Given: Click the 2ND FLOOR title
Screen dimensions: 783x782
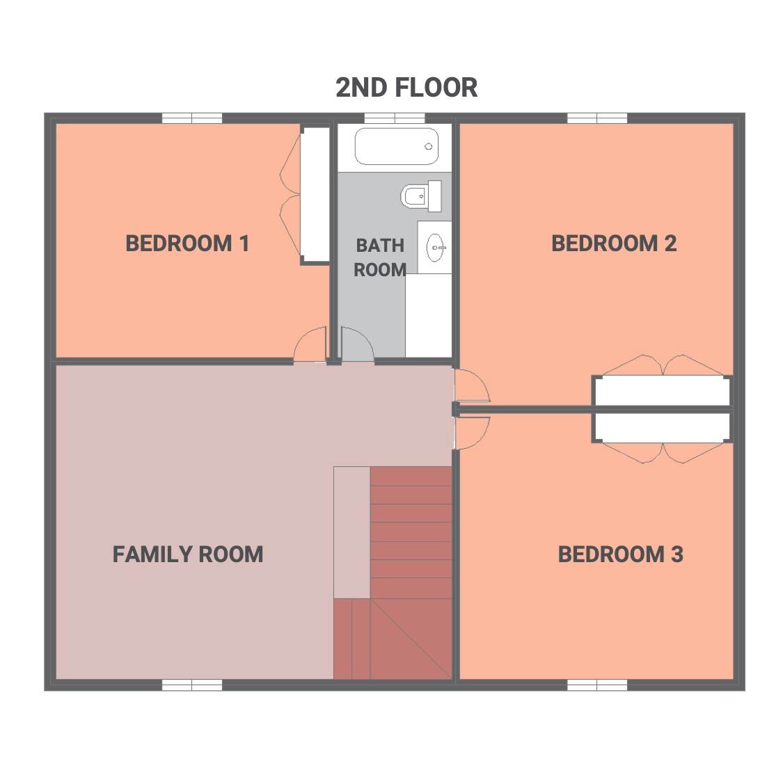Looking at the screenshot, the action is tap(406, 88).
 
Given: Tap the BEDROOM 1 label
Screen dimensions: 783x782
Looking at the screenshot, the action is tap(187, 244).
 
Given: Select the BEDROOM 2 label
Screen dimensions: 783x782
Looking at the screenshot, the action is tap(614, 244).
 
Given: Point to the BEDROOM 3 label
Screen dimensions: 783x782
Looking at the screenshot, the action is tap(620, 554).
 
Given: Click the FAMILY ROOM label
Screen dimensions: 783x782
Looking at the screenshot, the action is tap(188, 554).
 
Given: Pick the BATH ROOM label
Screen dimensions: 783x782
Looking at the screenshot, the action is tap(380, 257).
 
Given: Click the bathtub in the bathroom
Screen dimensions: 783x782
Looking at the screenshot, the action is tap(397, 146).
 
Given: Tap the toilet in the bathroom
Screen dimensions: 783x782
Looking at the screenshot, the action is tap(421, 196).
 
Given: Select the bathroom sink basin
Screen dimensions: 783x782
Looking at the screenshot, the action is tap(436, 247).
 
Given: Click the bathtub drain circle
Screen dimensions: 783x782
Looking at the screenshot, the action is tap(429, 146).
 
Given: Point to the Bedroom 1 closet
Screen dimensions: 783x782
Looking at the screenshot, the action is tap(315, 195).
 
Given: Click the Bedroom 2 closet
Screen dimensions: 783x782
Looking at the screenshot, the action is tap(662, 391).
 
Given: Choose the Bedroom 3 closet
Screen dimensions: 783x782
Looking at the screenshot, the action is tap(662, 428).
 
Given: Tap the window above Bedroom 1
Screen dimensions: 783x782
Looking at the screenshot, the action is tap(192, 118).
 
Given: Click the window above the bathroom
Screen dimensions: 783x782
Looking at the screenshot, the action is tap(395, 118).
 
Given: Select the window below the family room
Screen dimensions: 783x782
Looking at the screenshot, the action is tap(192, 685).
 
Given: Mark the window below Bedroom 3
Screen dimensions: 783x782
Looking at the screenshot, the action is tap(597, 685).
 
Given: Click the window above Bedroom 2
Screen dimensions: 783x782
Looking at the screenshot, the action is tap(597, 118).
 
